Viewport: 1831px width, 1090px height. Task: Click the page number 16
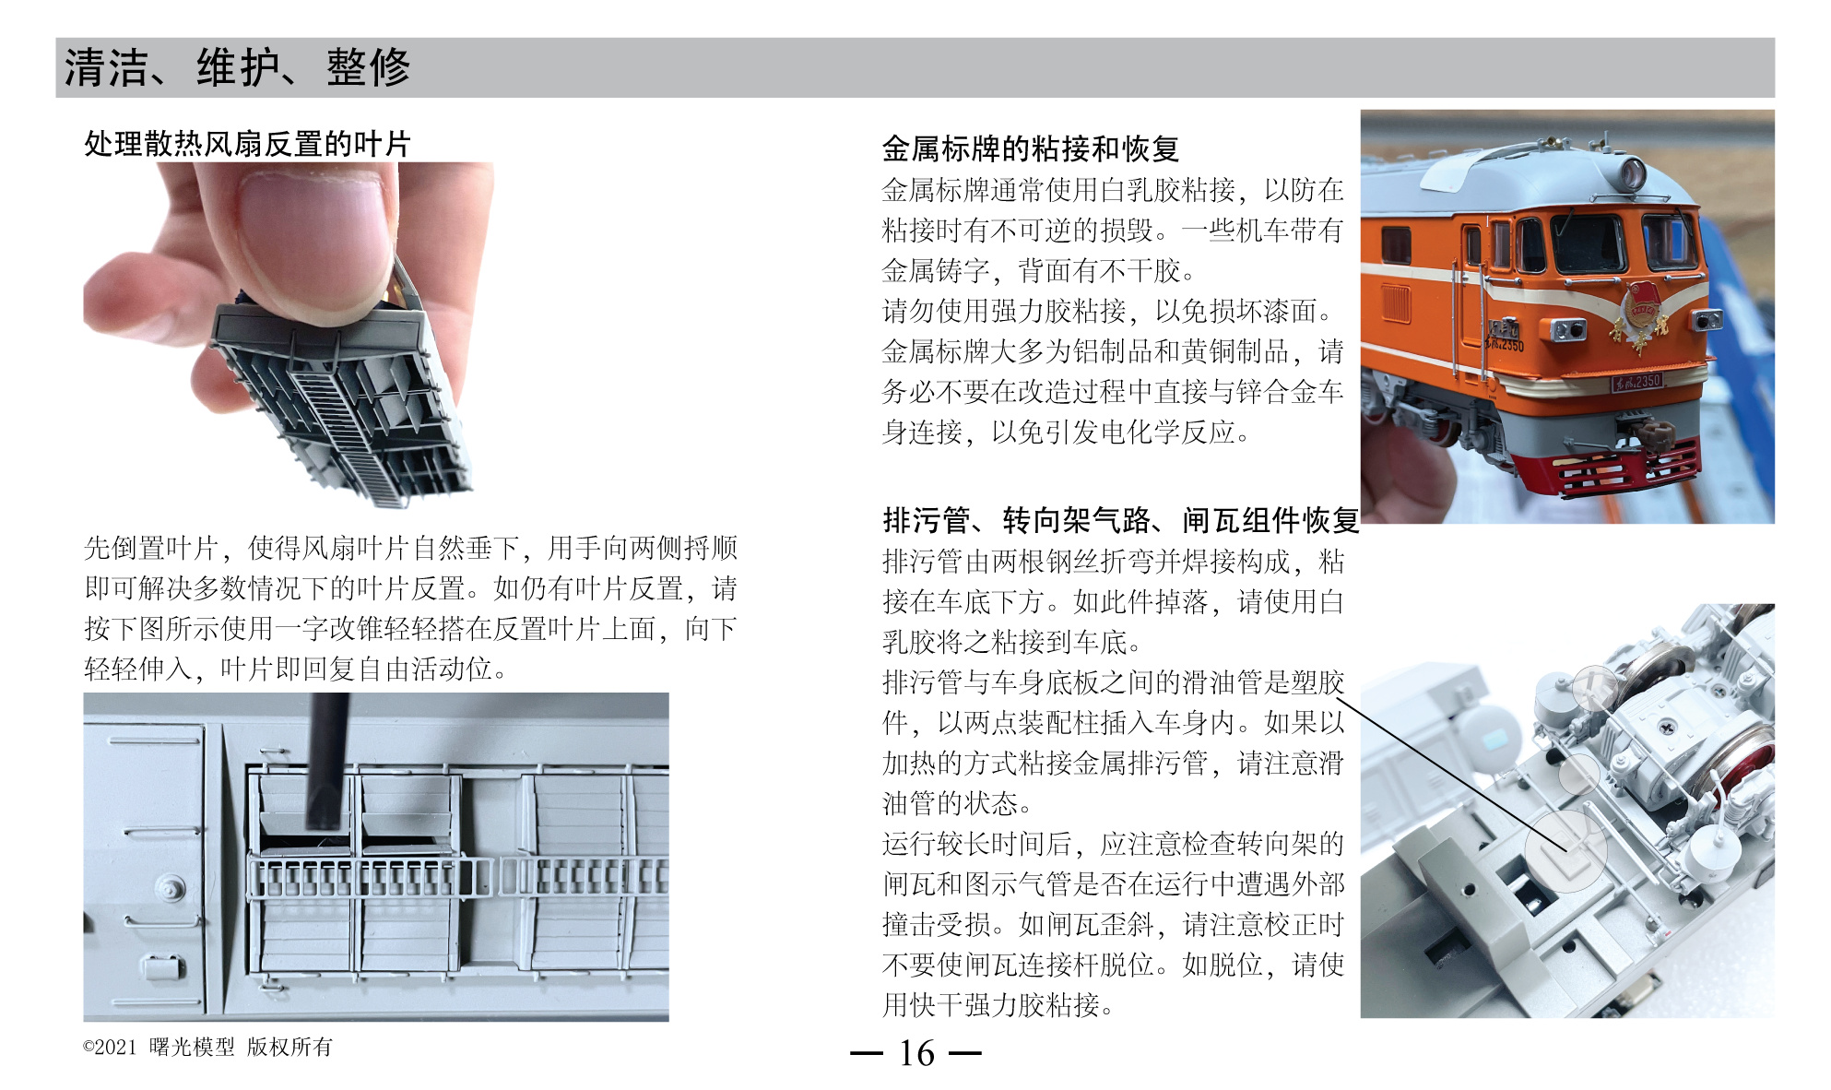(916, 1053)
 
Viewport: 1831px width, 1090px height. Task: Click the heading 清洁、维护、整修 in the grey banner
(237, 67)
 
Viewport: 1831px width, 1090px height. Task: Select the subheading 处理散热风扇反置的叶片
(247, 144)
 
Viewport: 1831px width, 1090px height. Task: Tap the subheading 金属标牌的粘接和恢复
(1030, 148)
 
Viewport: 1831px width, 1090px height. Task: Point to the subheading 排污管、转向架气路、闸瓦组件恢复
(1120, 521)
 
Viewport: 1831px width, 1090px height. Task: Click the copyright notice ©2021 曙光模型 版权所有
(207, 1047)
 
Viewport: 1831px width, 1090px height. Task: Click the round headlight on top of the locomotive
(1632, 172)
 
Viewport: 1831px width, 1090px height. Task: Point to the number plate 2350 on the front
(1636, 381)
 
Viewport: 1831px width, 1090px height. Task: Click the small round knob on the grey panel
(170, 887)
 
